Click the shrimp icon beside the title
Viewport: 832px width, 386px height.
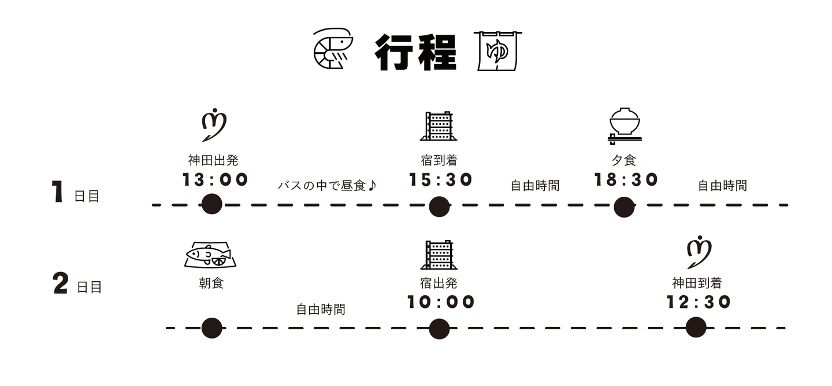tap(333, 49)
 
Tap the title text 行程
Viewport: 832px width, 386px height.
tap(415, 53)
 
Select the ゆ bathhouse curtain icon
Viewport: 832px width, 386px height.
tap(497, 51)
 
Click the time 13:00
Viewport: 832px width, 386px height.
tap(215, 179)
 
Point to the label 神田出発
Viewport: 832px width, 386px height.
tap(213, 160)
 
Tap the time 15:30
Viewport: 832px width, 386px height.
tap(440, 179)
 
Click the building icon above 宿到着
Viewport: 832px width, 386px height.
tap(439, 126)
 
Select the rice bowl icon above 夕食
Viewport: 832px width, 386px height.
tap(625, 126)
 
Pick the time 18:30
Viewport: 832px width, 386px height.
tap(626, 179)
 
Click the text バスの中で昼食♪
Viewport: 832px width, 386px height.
tap(327, 186)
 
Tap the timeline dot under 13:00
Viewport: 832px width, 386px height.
tap(211, 204)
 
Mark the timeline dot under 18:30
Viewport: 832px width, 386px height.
tap(624, 207)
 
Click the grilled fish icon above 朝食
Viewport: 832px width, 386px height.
tap(210, 255)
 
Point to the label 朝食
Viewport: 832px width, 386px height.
tap(211, 284)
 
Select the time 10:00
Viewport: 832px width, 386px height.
tap(441, 302)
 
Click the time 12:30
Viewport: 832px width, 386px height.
tap(699, 302)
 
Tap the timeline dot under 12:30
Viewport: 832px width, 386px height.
tap(696, 327)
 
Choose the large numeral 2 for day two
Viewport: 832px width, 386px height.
tap(61, 284)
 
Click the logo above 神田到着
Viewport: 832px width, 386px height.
tap(699, 252)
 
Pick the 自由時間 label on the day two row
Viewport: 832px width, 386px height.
tap(321, 310)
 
